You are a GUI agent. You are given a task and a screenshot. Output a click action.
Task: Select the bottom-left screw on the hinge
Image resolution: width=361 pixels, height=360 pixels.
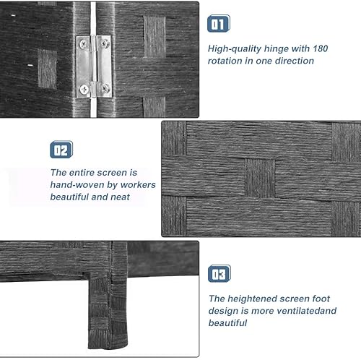click(x=85, y=89)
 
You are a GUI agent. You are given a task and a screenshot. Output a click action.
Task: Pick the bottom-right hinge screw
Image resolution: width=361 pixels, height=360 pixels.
click(x=105, y=89)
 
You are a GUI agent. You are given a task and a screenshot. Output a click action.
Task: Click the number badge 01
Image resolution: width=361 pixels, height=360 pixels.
click(x=219, y=24)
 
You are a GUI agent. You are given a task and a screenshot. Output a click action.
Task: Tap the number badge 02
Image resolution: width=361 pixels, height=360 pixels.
click(x=61, y=150)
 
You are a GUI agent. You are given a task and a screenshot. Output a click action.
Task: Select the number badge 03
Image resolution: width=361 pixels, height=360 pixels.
click(x=219, y=273)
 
